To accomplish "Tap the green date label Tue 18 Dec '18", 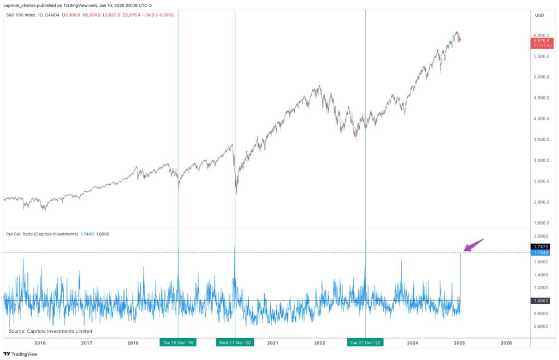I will pos(177,343).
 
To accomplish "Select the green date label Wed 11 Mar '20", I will pos(235,343).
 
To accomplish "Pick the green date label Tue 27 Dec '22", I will pos(365,343).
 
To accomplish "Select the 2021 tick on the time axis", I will pos(272,343).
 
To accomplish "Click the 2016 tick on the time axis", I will pos(40,343).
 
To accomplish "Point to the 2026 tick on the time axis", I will pos(506,343).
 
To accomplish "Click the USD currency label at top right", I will pos(539,15).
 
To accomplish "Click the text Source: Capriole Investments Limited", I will pos(50,331).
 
